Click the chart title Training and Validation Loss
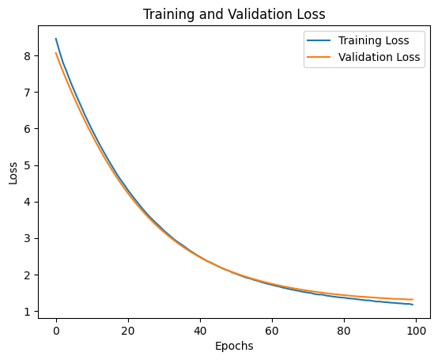pos(233,13)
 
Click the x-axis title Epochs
pos(233,346)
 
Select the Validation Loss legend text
pos(378,57)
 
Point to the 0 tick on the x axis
pos(56,327)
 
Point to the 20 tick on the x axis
pos(128,327)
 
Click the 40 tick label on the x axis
pos(200,327)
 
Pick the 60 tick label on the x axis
pos(272,327)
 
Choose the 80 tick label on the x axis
pos(344,327)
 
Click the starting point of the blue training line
pos(56,39)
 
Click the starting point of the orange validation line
pos(56,53)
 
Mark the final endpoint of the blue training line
pos(413,305)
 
